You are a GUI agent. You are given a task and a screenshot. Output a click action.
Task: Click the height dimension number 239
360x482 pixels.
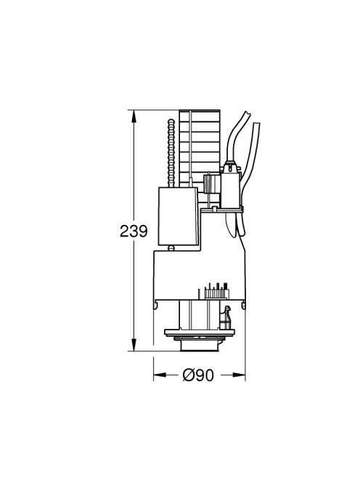click(134, 231)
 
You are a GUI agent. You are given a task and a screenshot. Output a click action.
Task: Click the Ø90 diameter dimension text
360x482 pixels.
click(198, 375)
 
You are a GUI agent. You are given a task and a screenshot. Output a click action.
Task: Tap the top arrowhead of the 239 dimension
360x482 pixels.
click(134, 116)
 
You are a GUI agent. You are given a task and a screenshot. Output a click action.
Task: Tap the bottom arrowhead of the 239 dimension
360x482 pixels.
click(134, 344)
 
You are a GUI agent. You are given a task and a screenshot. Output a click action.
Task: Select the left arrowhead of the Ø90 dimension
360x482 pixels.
click(160, 375)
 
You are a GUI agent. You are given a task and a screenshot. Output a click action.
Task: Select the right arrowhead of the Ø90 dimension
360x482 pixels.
click(239, 375)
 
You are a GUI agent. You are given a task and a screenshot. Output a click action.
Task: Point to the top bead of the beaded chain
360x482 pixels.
click(171, 121)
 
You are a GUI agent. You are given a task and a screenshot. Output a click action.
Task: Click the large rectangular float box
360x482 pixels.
click(178, 216)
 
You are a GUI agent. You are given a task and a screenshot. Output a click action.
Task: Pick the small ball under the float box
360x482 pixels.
click(171, 248)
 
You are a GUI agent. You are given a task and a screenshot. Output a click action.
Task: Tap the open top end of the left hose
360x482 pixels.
click(247, 114)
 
